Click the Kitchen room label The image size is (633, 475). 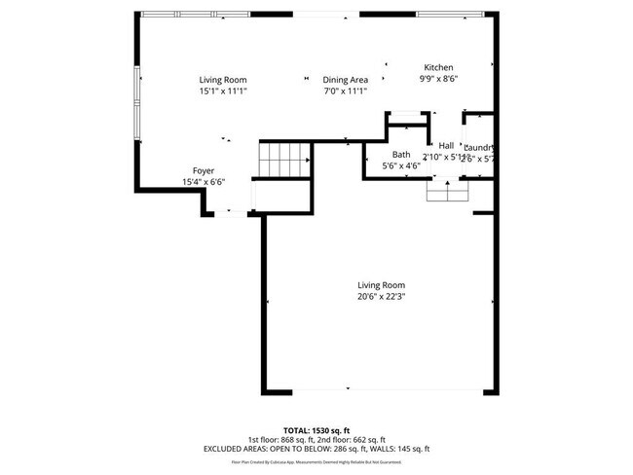pos(437,67)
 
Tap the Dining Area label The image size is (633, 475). pos(346,80)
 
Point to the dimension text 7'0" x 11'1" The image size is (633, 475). pos(346,91)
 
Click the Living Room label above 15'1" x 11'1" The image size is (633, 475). pos(223,80)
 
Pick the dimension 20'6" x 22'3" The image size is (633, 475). pos(380,297)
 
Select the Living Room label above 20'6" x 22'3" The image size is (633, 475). pos(380,285)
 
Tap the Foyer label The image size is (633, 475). pos(203,170)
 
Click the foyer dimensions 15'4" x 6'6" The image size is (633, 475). pos(203,182)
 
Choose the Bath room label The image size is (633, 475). pos(401,155)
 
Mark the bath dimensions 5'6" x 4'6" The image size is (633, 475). pos(401,166)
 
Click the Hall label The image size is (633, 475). pos(446,145)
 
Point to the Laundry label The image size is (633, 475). pos(480,148)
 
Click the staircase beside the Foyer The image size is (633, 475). pos(283,157)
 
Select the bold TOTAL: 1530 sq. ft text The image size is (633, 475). pos(316,429)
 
